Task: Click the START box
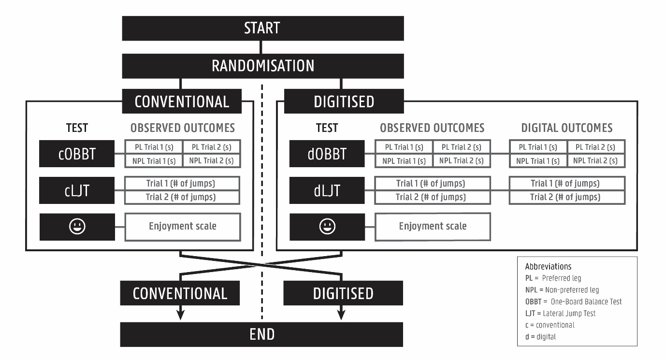(262, 29)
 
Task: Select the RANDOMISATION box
(262, 65)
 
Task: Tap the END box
(262, 334)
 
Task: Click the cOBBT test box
(77, 154)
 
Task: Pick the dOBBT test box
(327, 154)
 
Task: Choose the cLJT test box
(77, 190)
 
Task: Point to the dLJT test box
(327, 190)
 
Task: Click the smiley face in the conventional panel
(77, 227)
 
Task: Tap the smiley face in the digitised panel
(327, 227)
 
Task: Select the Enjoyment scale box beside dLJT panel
(433, 227)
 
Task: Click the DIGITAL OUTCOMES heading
(566, 128)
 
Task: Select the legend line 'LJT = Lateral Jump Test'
(560, 313)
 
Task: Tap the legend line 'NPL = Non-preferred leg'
(562, 290)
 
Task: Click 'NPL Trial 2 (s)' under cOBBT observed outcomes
(211, 160)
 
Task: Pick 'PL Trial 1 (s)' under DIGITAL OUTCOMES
(537, 147)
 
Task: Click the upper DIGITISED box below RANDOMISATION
(343, 101)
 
